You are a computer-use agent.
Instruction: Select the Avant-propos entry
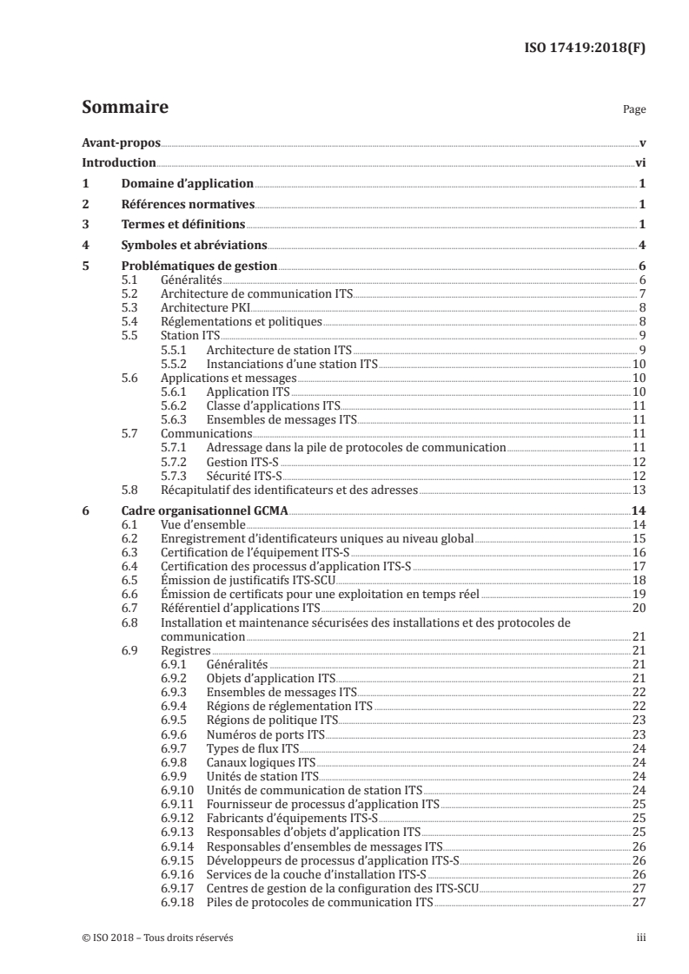coord(121,142)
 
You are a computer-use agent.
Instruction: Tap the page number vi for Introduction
coord(639,162)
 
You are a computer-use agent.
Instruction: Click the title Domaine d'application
coord(187,183)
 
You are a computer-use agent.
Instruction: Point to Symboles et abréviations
coord(194,245)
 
